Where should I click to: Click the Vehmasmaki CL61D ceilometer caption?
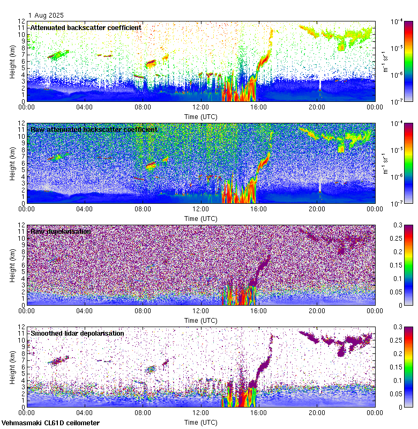tap(50, 423)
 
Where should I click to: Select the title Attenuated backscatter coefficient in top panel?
tap(86, 27)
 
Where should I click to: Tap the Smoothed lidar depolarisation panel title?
tap(77, 333)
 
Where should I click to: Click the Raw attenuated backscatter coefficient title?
tap(94, 129)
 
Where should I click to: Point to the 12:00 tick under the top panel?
tap(201, 106)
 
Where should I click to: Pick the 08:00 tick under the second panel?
tap(143, 208)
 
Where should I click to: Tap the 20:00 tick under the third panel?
tap(317, 310)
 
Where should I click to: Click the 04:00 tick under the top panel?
tap(85, 106)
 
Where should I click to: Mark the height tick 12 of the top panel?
tap(22, 21)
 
